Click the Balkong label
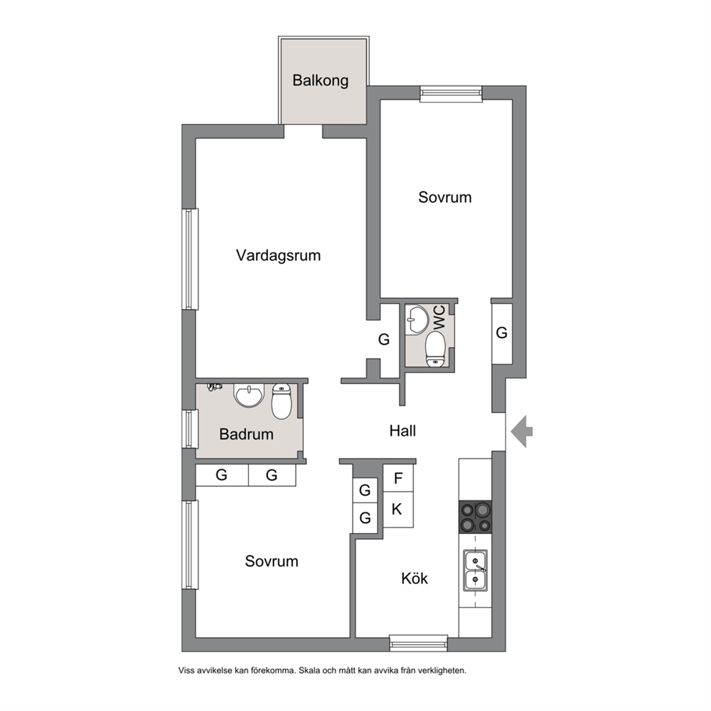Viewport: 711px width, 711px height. pyautogui.click(x=320, y=81)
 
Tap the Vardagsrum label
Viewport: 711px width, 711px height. pyautogui.click(x=278, y=255)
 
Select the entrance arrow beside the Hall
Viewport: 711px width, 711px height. pyautogui.click(x=522, y=431)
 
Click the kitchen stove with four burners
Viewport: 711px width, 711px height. pyautogui.click(x=475, y=517)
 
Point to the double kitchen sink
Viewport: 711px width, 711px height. pyautogui.click(x=475, y=570)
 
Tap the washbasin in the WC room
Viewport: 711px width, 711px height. pyautogui.click(x=416, y=320)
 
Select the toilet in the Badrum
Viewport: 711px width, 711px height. pyautogui.click(x=281, y=401)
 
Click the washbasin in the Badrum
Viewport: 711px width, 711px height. pyautogui.click(x=249, y=394)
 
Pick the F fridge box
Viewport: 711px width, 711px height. pyautogui.click(x=398, y=478)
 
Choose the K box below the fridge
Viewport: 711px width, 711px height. pyautogui.click(x=398, y=510)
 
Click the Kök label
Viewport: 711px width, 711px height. pyautogui.click(x=414, y=578)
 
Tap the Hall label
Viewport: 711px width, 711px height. pyautogui.click(x=403, y=431)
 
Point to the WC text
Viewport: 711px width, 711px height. pyautogui.click(x=439, y=317)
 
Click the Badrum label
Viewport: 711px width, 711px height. pyautogui.click(x=247, y=434)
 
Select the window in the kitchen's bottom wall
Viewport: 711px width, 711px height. pyautogui.click(x=419, y=644)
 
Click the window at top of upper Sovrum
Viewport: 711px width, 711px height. pyautogui.click(x=451, y=93)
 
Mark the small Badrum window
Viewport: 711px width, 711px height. pyautogui.click(x=189, y=429)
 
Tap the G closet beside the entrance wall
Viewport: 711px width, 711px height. pyautogui.click(x=502, y=333)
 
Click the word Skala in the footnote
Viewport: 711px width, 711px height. pyautogui.click(x=309, y=670)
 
